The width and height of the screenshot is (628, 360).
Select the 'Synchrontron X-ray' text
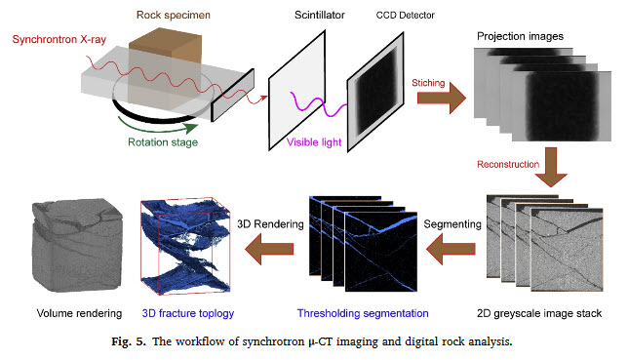60,41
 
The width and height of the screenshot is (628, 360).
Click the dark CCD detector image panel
380,84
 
